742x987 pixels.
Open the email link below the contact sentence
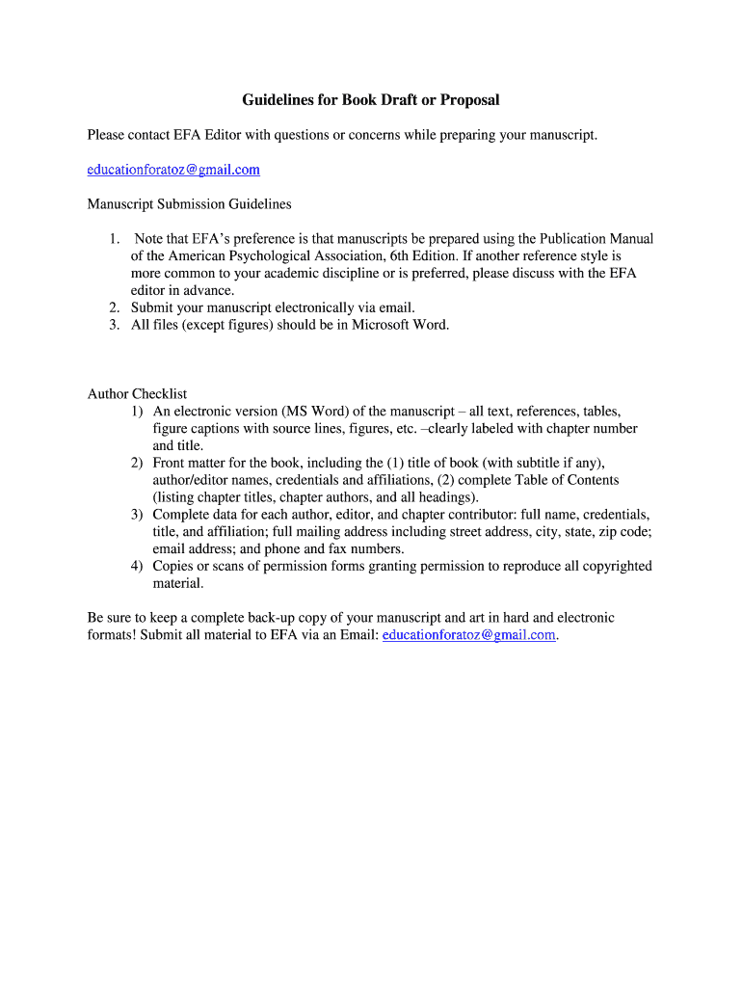coord(173,170)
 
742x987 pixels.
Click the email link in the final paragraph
coord(469,634)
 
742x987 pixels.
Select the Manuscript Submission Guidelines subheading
coord(189,204)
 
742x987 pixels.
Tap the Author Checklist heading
coord(137,393)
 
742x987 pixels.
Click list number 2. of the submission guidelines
coord(113,307)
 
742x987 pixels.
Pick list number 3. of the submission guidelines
coord(113,325)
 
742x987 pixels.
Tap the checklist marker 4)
coord(138,566)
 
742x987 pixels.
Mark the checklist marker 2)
coord(138,463)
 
